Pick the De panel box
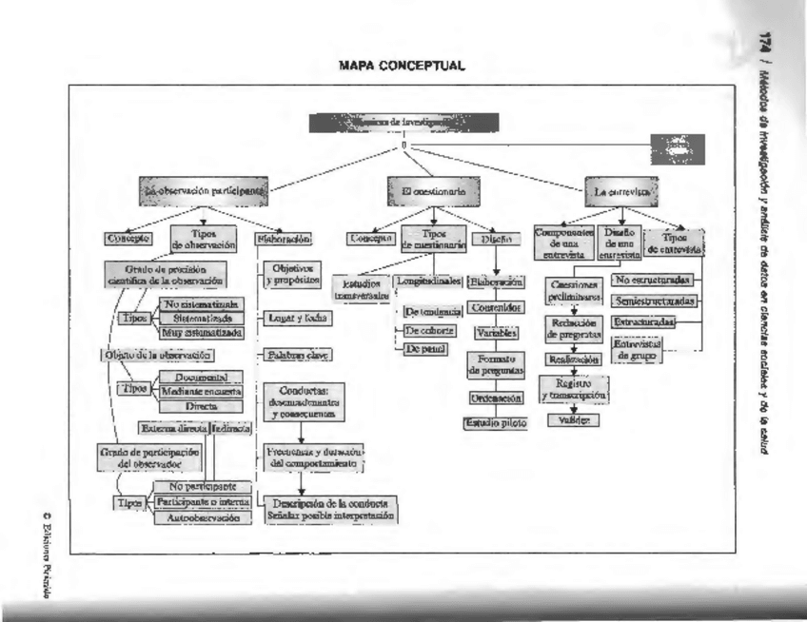(x=427, y=350)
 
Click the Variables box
(x=495, y=334)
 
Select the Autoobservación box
(x=203, y=518)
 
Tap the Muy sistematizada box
(x=200, y=333)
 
